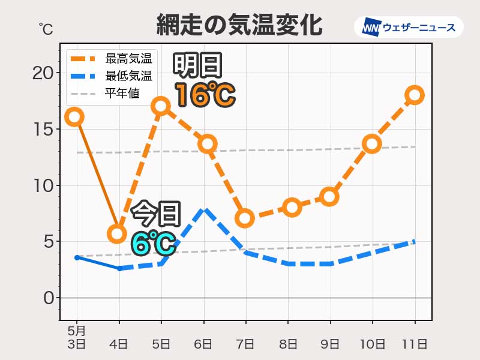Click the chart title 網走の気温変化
point(239,25)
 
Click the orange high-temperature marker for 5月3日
point(74,116)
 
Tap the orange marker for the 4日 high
point(118,233)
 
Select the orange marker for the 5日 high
point(160,106)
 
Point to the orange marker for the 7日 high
point(244,218)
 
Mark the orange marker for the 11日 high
point(414,95)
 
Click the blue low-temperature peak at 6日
point(204,209)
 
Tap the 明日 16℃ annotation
point(202,81)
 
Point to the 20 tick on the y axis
point(42,73)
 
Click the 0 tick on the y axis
point(48,298)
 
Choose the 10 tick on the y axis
point(42,185)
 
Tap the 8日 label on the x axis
point(288,344)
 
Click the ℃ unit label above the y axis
point(46,28)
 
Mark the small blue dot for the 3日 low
point(77,257)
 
